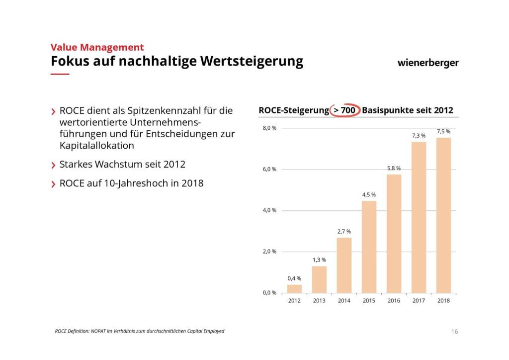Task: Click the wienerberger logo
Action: pyautogui.click(x=428, y=63)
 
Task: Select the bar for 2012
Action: pyautogui.click(x=294, y=288)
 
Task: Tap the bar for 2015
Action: pyautogui.click(x=369, y=247)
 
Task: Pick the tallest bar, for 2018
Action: pyautogui.click(x=443, y=215)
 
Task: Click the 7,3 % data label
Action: pyautogui.click(x=419, y=135)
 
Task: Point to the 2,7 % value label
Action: pyautogui.click(x=344, y=231)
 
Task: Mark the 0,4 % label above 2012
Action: pyautogui.click(x=294, y=278)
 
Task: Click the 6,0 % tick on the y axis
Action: pyautogui.click(x=269, y=170)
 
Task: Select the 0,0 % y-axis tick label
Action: pyautogui.click(x=269, y=293)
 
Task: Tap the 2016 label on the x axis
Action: pyautogui.click(x=394, y=300)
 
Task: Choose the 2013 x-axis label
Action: pyautogui.click(x=319, y=300)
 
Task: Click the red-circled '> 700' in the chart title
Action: pyautogui.click(x=344, y=110)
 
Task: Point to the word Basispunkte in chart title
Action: pyautogui.click(x=388, y=110)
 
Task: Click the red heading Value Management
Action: pyautogui.click(x=97, y=47)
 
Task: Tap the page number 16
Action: pyautogui.click(x=454, y=332)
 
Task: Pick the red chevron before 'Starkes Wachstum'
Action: pyautogui.click(x=53, y=165)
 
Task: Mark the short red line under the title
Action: pyautogui.click(x=60, y=74)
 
